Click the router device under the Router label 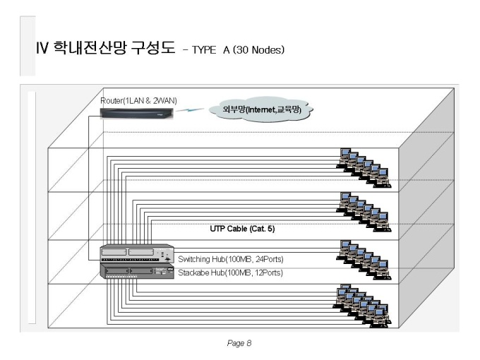click(x=137, y=114)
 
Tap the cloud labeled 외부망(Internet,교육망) click(x=261, y=109)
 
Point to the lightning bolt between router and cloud click(x=190, y=109)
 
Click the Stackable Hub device click(x=137, y=271)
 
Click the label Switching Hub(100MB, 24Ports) click(x=231, y=259)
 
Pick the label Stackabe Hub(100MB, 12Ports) click(x=230, y=272)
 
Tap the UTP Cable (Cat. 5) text click(x=242, y=229)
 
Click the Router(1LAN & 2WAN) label click(x=138, y=101)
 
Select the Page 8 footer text click(x=239, y=343)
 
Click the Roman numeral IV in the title click(x=42, y=48)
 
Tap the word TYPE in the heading click(x=204, y=49)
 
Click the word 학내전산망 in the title click(x=90, y=48)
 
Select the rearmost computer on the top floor click(x=344, y=155)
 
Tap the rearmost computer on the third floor click(x=344, y=247)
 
